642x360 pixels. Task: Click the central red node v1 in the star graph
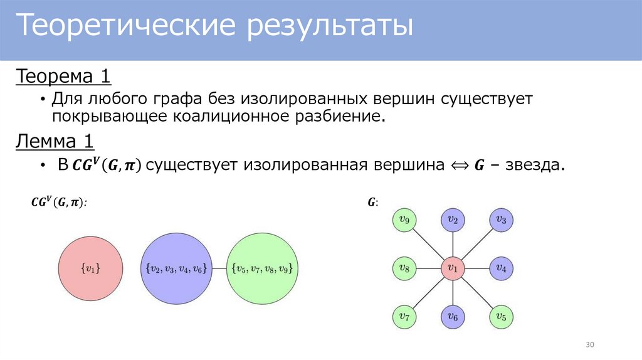tap(451, 268)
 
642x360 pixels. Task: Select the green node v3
tap(500, 220)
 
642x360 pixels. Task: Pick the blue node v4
tap(500, 268)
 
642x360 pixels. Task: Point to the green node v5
tap(500, 317)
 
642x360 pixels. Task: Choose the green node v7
tap(403, 317)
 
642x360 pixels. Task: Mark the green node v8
tap(403, 268)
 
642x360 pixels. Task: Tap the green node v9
tap(403, 220)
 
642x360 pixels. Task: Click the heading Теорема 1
tap(63, 77)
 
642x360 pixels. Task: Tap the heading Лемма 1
tap(55, 142)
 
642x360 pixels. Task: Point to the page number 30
tap(589, 346)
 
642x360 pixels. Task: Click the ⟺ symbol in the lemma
tap(460, 166)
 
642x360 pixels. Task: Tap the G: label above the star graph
tap(372, 202)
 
